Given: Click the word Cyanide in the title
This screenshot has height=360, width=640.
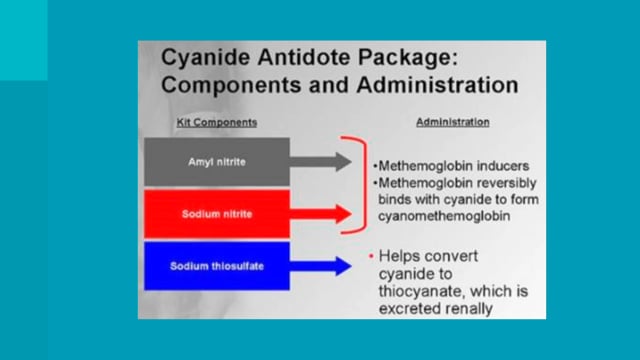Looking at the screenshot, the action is pos(205,57).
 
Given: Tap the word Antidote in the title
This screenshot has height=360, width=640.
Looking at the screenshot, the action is pos(304,57).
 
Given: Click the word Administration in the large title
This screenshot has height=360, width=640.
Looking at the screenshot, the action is pos(437,85).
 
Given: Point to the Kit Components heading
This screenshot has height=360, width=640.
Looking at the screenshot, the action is pos(217,122).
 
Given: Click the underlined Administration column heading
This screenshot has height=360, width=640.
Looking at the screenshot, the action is pos(453,122).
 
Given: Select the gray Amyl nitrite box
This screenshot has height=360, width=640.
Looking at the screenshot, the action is pos(217,162).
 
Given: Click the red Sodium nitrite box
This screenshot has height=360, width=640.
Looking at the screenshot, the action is pos(217,214).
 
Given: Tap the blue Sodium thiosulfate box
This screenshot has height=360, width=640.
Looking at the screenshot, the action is pos(217,266).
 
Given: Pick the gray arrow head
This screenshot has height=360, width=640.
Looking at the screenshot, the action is pos(343,162).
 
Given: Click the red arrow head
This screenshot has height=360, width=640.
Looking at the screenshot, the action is pos(343,214).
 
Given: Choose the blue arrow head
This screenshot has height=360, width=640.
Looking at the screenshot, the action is pos(343,266).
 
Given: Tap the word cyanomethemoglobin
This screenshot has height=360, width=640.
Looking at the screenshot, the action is pos(444,216).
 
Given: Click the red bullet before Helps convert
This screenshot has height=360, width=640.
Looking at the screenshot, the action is pos(371,256).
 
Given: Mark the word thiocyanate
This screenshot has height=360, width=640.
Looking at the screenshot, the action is pos(423,291).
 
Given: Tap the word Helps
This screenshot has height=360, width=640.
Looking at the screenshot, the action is pos(399,257).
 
